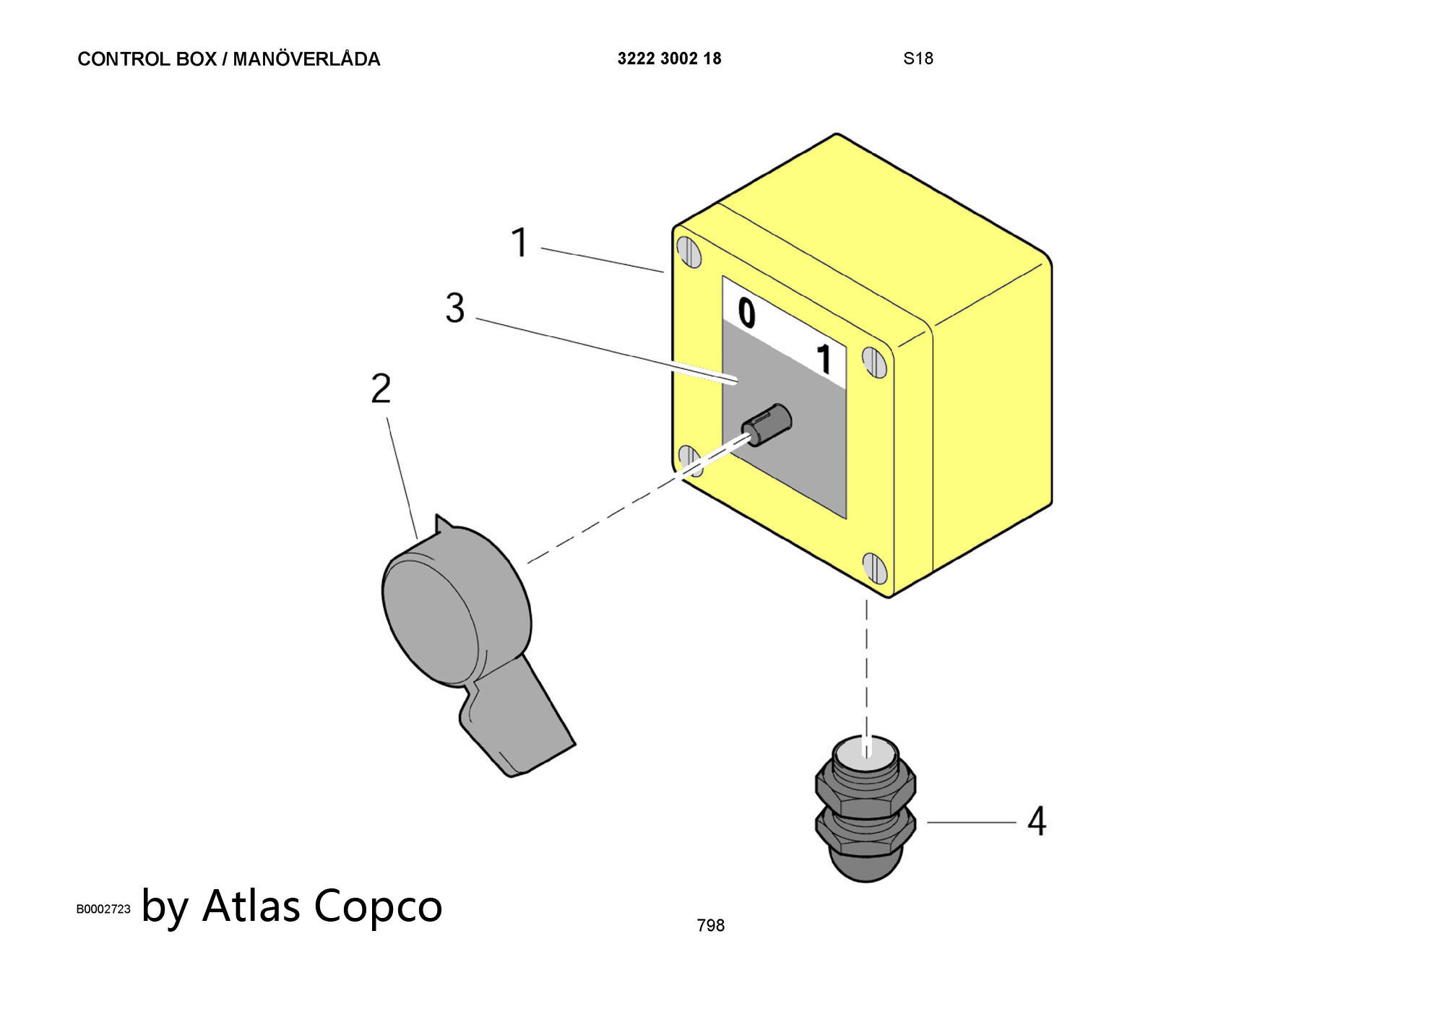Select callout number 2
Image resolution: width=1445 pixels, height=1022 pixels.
381,389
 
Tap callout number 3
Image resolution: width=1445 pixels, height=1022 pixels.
454,308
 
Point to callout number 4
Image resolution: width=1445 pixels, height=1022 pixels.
1037,822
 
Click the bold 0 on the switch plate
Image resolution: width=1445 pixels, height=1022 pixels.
746,314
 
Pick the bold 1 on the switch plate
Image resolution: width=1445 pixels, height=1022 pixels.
823,360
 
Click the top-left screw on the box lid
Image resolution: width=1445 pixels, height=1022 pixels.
689,253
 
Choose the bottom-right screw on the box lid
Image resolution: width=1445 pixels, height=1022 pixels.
874,568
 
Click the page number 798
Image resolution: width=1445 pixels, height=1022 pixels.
710,925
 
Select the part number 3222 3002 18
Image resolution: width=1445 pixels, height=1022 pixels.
669,59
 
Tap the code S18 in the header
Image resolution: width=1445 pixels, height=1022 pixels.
918,59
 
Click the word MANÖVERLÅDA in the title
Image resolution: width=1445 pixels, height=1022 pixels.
306,59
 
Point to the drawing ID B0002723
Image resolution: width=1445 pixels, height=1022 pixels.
103,909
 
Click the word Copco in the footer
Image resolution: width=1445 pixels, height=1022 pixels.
378,906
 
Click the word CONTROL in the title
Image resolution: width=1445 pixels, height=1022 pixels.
124,59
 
